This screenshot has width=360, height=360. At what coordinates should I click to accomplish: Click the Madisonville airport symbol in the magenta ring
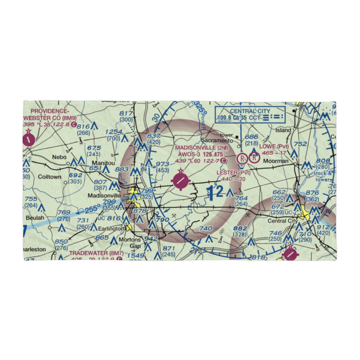pyautogui.click(x=180, y=181)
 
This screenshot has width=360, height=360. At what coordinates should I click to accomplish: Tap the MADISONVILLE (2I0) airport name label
pyautogui.click(x=202, y=148)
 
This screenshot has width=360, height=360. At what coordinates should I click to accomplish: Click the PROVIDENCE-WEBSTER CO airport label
pyautogui.click(x=50, y=114)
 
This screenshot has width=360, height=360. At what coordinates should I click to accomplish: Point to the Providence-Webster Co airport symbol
pyautogui.click(x=28, y=139)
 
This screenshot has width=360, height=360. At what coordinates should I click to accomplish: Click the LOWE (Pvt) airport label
pyautogui.click(x=274, y=147)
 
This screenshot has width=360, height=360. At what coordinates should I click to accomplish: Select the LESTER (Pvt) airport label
pyautogui.click(x=233, y=173)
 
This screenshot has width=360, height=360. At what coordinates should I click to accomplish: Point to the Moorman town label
pyautogui.click(x=276, y=161)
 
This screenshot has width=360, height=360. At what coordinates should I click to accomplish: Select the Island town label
pyautogui.click(x=283, y=130)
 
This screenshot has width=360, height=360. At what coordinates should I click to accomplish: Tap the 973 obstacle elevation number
pyautogui.click(x=163, y=164)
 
